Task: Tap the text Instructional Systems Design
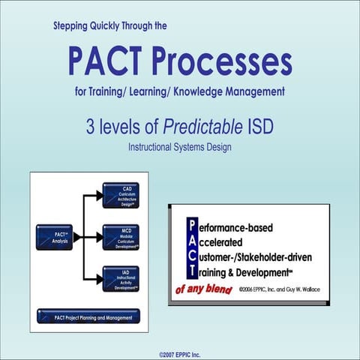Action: pos(179,146)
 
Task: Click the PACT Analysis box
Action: pos(55,237)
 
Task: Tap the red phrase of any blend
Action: pos(205,288)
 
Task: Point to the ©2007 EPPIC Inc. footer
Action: pos(180,352)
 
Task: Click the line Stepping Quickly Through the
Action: pos(110,26)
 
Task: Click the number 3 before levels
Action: pos(91,127)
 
